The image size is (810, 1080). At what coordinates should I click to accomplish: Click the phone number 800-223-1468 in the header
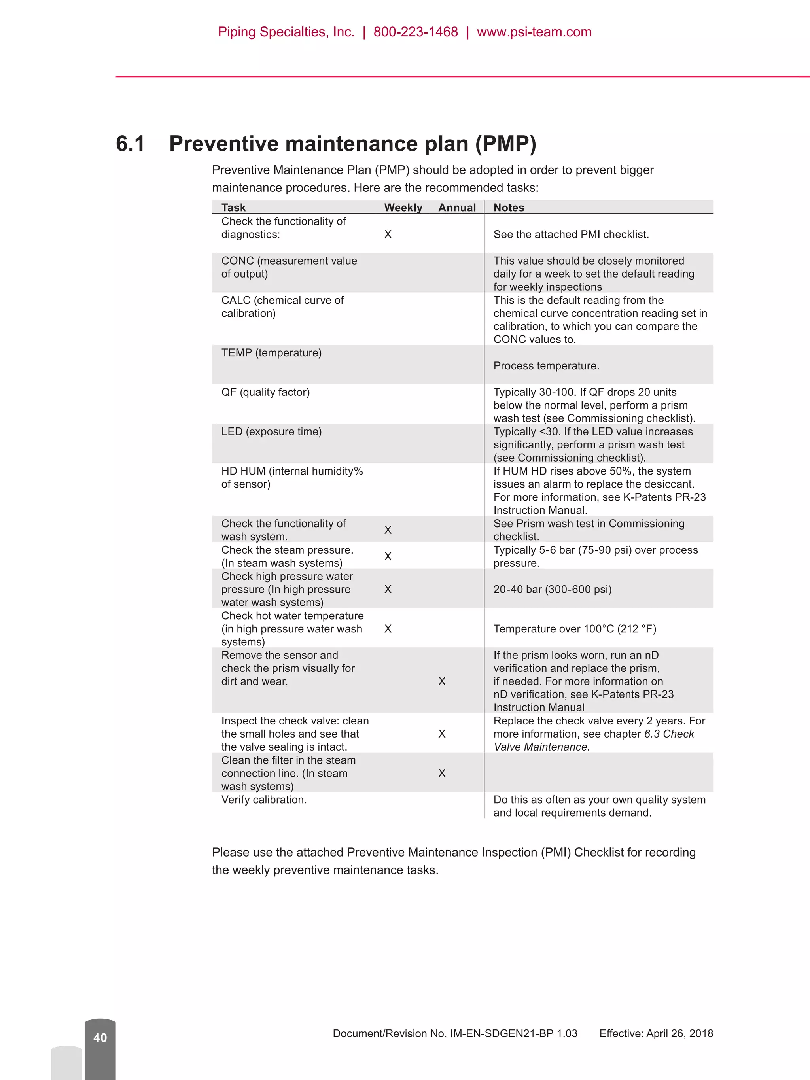[416, 32]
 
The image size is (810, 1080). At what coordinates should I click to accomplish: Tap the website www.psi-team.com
[534, 32]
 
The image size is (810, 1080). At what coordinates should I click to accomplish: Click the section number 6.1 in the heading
[131, 144]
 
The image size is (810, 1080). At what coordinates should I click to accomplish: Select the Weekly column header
[403, 208]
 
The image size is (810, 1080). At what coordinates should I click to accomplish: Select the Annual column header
[456, 208]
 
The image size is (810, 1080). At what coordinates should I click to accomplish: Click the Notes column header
[509, 208]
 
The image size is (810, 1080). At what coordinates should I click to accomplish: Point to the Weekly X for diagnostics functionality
[388, 235]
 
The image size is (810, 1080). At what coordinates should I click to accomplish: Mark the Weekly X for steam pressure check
[388, 556]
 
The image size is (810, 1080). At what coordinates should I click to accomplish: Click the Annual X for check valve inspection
[442, 734]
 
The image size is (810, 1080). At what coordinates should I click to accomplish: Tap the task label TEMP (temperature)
[271, 352]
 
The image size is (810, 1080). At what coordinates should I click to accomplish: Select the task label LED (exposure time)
[271, 431]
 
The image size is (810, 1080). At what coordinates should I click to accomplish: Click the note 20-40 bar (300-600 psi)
[552, 589]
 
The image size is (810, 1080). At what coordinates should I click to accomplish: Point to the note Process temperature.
[546, 366]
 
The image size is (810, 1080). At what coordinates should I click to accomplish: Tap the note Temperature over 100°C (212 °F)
[575, 629]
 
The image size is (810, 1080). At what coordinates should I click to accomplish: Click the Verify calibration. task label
[264, 800]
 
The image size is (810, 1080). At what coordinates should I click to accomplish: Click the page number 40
[100, 1038]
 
